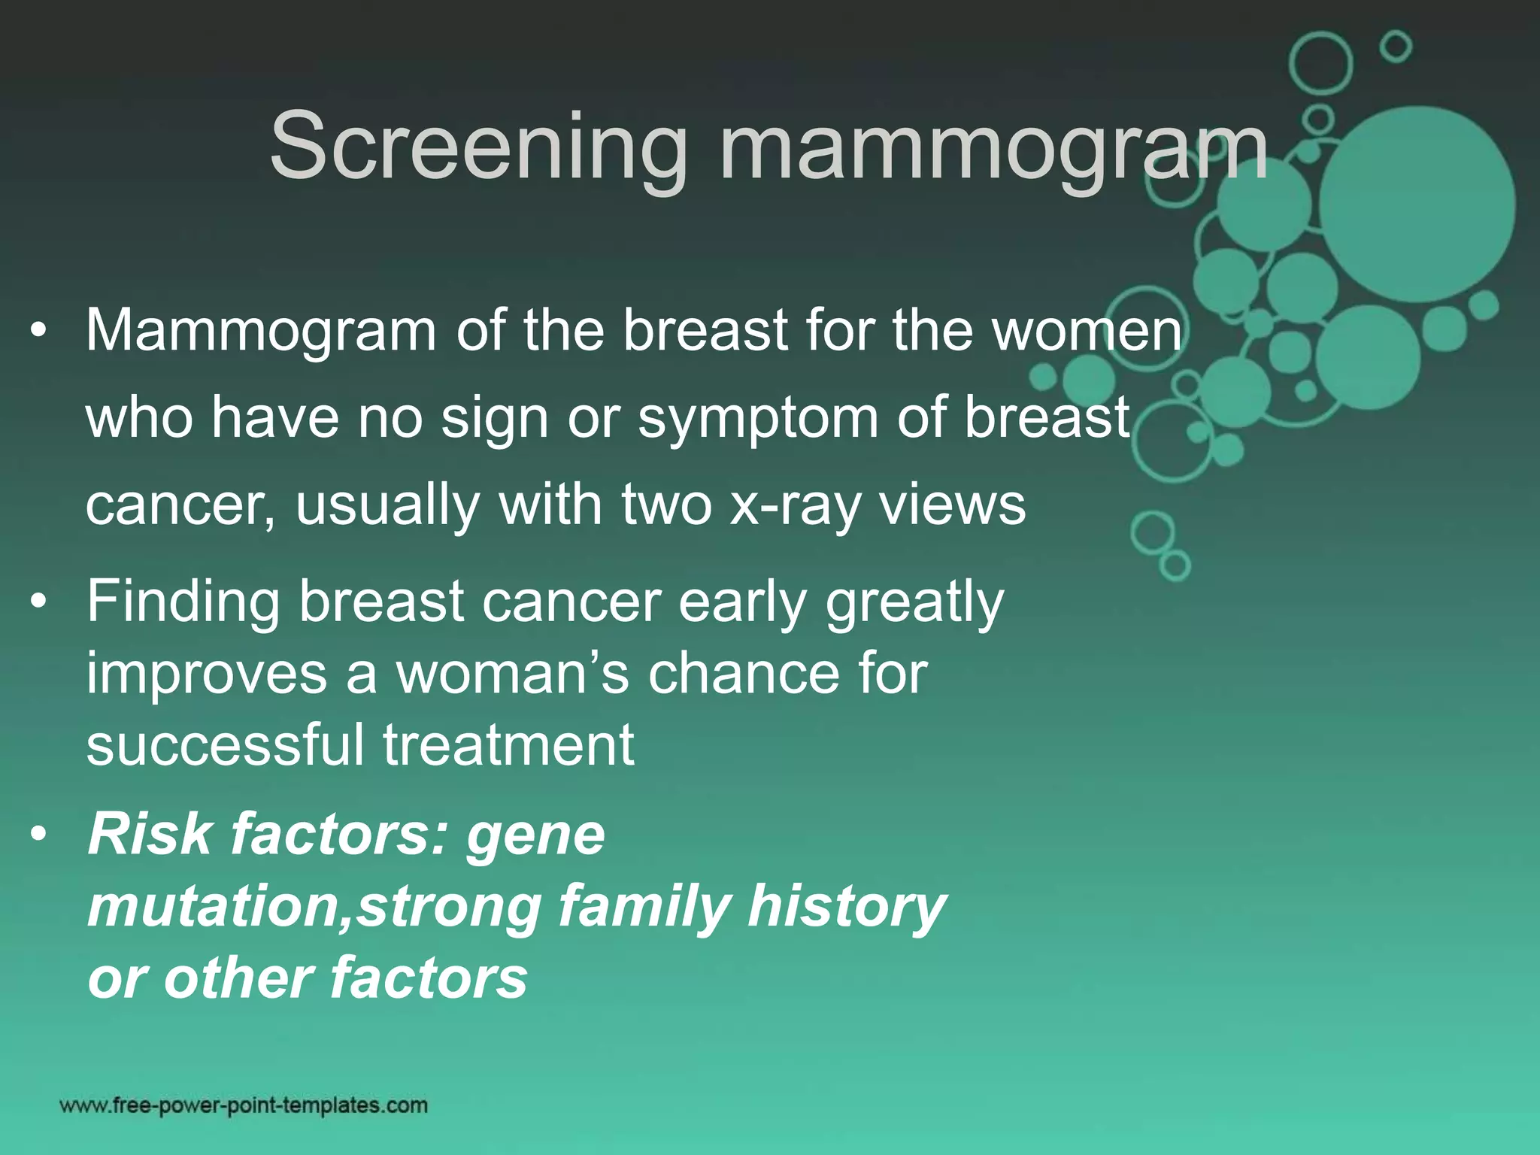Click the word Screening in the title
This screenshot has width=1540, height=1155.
tap(478, 147)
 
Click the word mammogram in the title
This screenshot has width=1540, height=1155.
tap(993, 147)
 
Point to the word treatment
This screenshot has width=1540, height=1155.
tap(508, 744)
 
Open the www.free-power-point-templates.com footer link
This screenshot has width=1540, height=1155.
tap(244, 1105)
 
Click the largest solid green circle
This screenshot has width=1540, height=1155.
tap(1417, 205)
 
